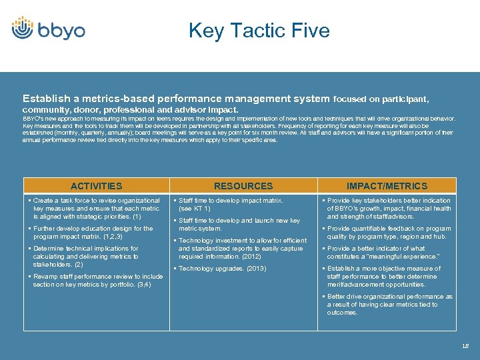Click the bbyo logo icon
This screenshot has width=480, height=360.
(x=23, y=28)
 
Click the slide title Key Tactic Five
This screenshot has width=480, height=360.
(x=259, y=31)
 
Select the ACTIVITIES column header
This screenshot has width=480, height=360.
(x=97, y=186)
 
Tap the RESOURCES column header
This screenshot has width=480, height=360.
(x=243, y=186)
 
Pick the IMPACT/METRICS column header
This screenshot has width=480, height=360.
(x=387, y=186)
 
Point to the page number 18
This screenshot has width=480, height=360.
(x=465, y=345)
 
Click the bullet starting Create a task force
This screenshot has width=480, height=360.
(x=96, y=208)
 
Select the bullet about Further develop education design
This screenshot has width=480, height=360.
(x=93, y=232)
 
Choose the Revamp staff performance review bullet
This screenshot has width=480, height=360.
(x=97, y=280)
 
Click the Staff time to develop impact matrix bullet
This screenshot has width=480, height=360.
(x=231, y=200)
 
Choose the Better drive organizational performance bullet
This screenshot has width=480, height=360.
(x=389, y=304)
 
